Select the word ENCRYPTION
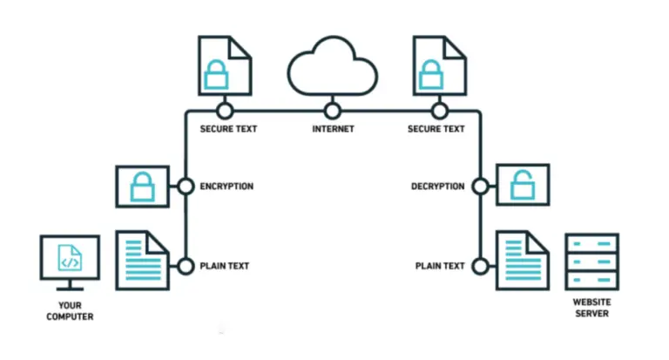click(226, 186)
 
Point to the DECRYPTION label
click(437, 186)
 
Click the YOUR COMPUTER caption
click(70, 310)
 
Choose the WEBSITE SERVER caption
click(591, 307)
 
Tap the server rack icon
click(591, 261)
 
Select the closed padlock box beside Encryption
click(142, 186)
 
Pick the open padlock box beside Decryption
click(522, 186)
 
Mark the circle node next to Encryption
click(185, 186)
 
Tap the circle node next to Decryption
click(480, 186)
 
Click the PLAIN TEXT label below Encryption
click(226, 266)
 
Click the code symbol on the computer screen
click(70, 258)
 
